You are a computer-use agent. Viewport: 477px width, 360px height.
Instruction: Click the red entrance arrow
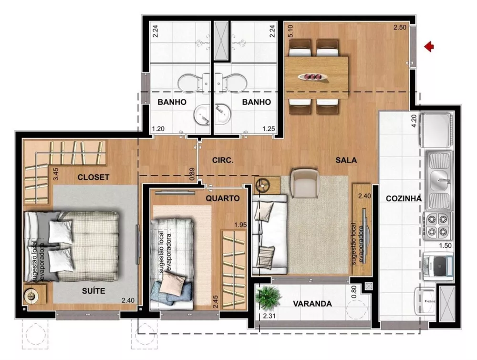point(429,46)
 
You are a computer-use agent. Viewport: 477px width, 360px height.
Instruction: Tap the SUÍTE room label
point(93,291)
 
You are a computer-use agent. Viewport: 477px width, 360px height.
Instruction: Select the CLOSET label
point(93,177)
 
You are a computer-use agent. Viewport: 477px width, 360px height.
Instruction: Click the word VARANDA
point(312,304)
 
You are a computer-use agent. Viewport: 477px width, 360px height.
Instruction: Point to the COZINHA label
point(404,199)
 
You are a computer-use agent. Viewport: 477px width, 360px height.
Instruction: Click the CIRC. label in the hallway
point(223,160)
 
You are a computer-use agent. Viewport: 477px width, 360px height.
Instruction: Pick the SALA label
point(346,160)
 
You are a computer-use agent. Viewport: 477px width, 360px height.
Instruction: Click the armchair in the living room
point(304,183)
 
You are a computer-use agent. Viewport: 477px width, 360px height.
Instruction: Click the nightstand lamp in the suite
point(32,296)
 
